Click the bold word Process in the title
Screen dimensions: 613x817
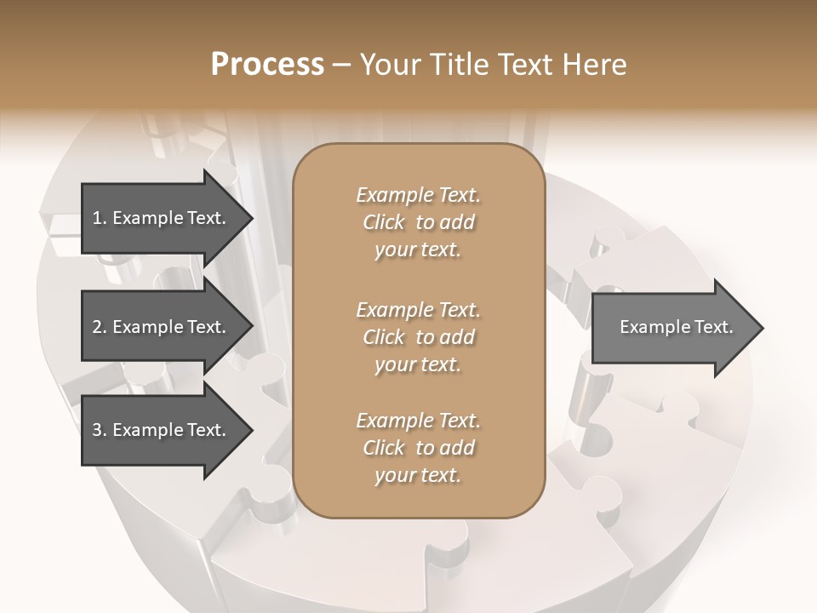pos(267,65)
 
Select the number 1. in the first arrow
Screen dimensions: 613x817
pos(99,218)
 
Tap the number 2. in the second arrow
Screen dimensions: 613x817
pos(99,327)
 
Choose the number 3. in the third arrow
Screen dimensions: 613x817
pos(99,430)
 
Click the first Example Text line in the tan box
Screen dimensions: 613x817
pos(418,195)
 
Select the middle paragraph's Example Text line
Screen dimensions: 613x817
pos(418,309)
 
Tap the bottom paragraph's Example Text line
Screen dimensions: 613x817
pos(418,421)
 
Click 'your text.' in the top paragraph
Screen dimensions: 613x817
pos(418,250)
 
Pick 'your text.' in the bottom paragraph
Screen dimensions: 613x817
pos(418,476)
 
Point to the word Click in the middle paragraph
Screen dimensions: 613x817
pos(384,337)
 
